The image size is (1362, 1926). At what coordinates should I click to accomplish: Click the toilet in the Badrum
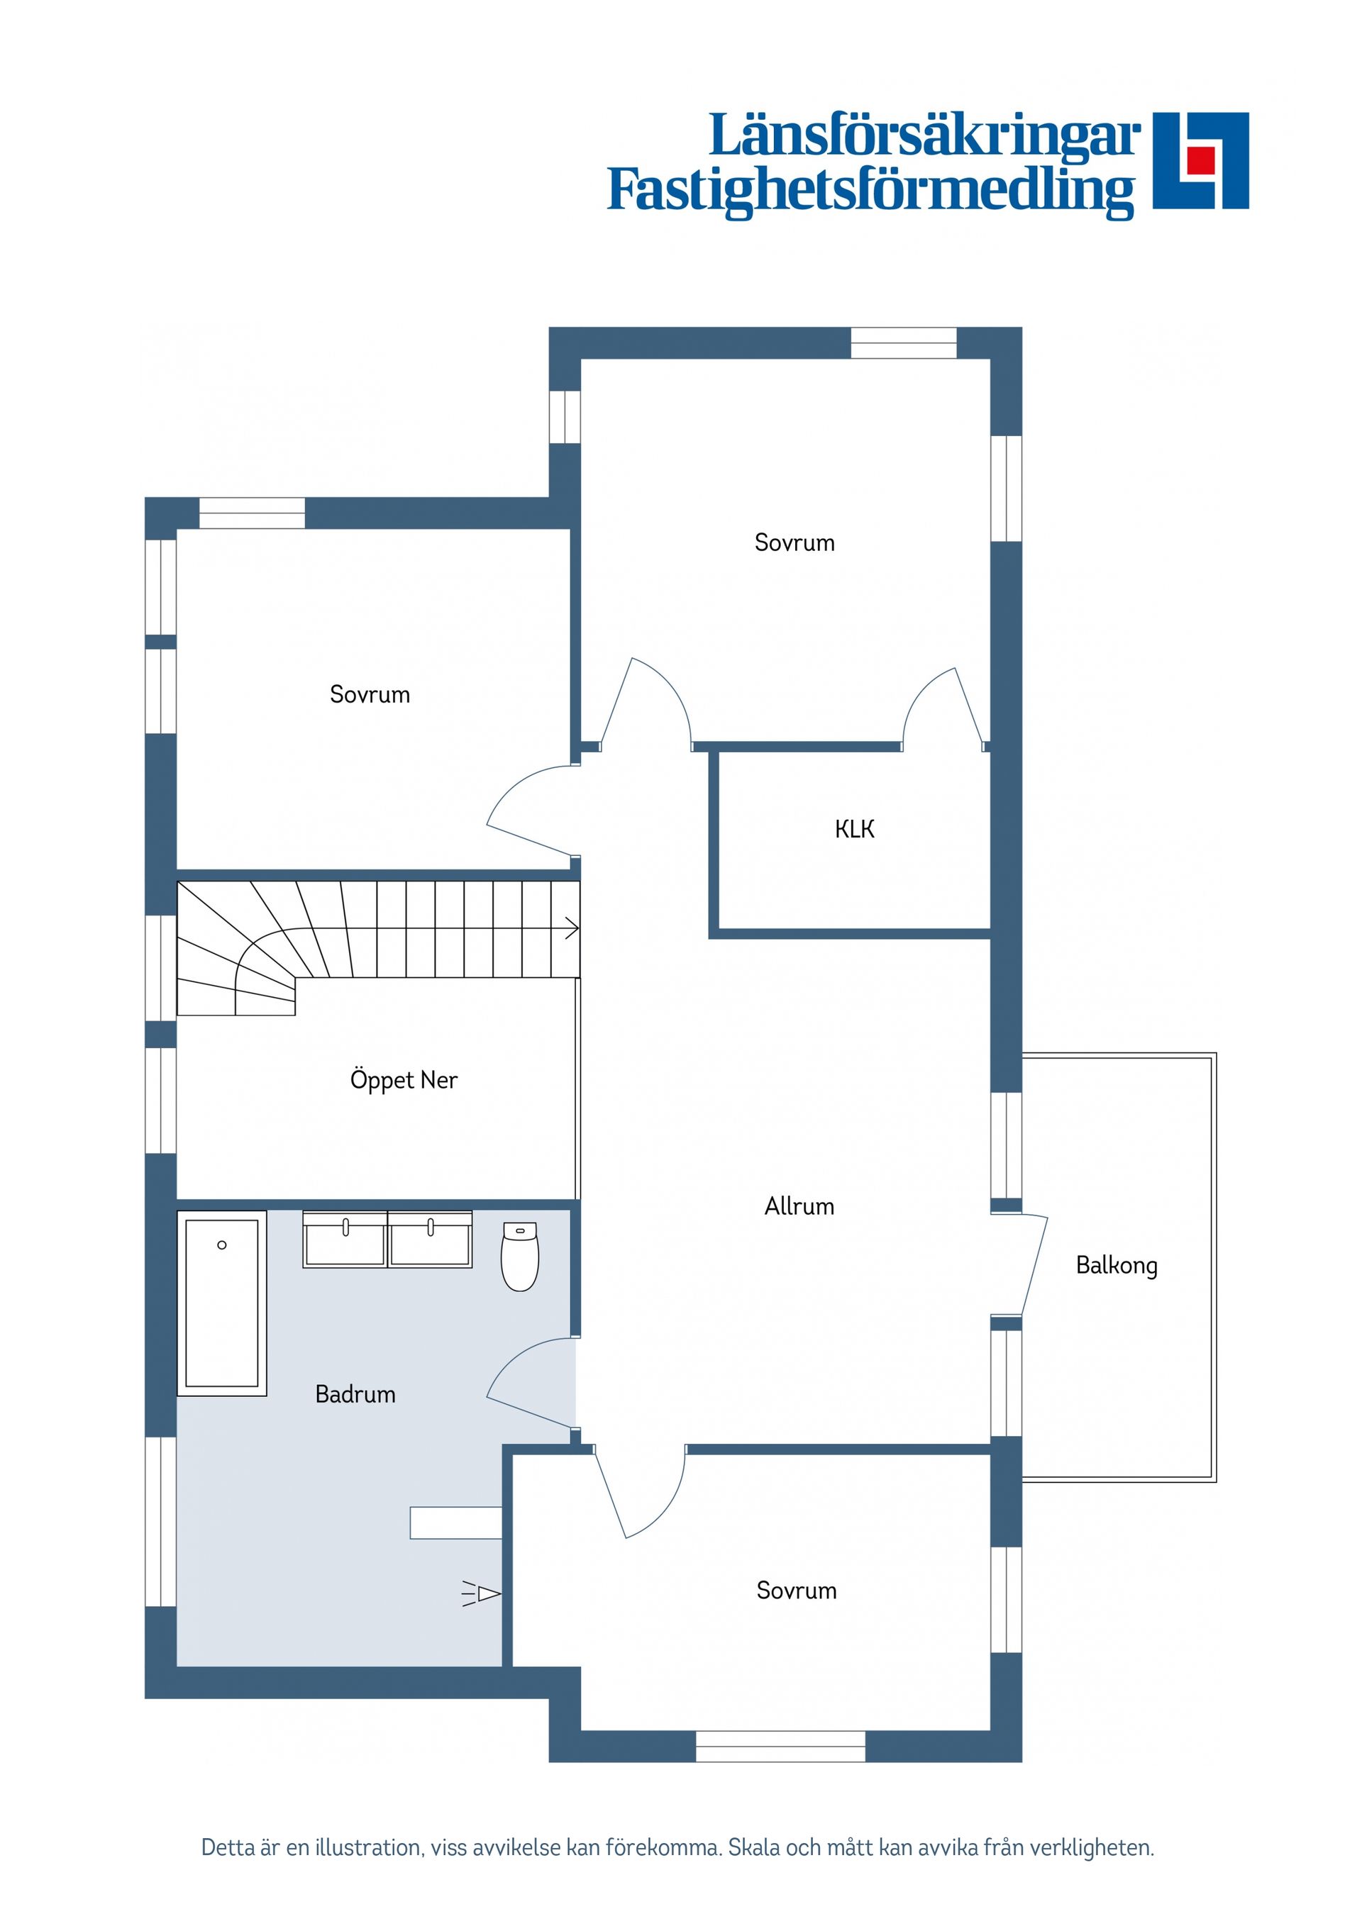point(519,1256)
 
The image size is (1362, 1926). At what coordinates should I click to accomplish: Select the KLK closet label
point(854,830)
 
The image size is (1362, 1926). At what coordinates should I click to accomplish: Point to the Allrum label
point(799,1206)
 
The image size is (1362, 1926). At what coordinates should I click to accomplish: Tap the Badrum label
point(355,1394)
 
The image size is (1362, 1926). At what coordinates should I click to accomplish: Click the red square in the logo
point(1201,160)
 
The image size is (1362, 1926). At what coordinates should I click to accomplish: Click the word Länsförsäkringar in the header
point(925,136)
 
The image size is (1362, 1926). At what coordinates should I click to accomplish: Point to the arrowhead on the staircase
point(572,929)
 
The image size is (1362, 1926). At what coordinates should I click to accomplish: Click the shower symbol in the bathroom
point(481,1593)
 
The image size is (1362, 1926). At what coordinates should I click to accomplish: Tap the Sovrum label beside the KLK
point(794,542)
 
